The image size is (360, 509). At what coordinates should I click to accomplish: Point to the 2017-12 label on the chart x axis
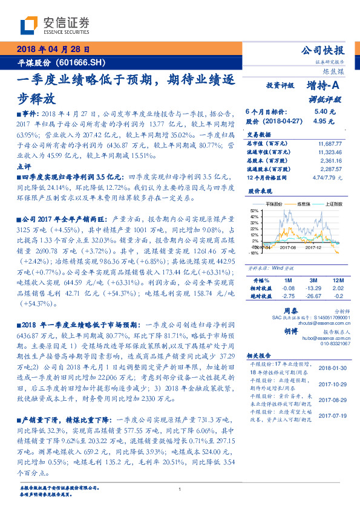(313, 247)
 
